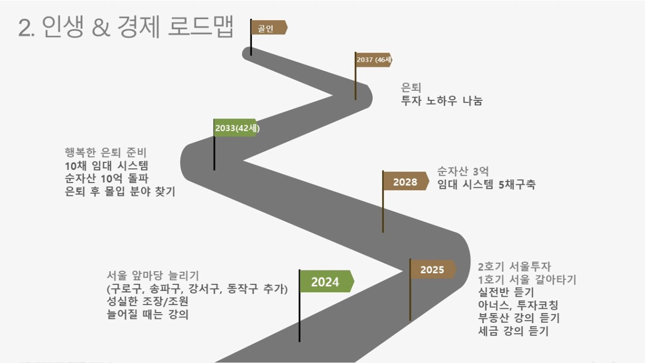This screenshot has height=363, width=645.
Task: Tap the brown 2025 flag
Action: click(x=433, y=270)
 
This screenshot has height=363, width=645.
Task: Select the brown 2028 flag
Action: click(x=406, y=181)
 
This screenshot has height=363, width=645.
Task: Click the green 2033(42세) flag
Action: click(x=236, y=127)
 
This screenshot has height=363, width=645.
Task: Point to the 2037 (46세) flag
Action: click(x=374, y=60)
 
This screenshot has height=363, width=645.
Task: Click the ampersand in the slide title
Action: click(x=101, y=28)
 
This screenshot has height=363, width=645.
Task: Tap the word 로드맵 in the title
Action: click(x=201, y=27)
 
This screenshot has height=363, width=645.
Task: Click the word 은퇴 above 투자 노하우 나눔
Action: click(x=411, y=87)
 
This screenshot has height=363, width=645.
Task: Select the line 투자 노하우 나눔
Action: click(x=442, y=100)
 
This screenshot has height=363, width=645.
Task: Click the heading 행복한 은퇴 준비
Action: click(x=106, y=152)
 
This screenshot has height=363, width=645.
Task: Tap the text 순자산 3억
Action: click(x=463, y=171)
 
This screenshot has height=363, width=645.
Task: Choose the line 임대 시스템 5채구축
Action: click(x=486, y=184)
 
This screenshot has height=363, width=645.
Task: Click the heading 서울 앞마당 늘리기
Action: click(x=153, y=275)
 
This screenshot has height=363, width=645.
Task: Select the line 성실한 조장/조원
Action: click(x=147, y=301)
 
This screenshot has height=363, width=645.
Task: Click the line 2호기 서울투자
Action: click(x=515, y=266)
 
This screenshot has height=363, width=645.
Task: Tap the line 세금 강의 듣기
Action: click(x=513, y=331)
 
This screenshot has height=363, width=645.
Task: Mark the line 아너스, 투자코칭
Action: click(x=518, y=305)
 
